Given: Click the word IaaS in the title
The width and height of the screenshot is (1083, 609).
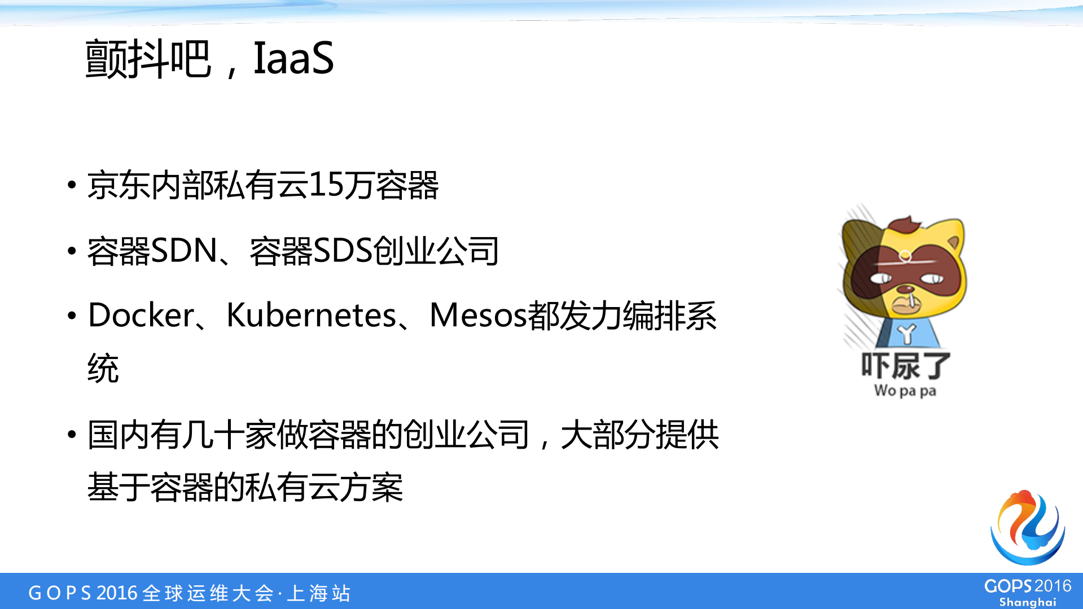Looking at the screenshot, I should [x=293, y=58].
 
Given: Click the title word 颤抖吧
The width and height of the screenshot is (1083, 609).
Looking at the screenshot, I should [x=148, y=58].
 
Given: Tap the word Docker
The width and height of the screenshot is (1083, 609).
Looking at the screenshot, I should [x=141, y=315].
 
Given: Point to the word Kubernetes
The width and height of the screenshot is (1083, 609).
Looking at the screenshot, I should [x=311, y=315].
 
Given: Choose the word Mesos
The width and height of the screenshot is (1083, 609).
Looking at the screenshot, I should [x=477, y=315].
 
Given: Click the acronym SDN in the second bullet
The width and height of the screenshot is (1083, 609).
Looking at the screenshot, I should [x=184, y=251].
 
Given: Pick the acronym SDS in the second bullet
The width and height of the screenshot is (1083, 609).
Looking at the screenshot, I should [x=342, y=251].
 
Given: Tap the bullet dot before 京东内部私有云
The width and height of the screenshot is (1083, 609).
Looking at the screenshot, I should [x=72, y=185].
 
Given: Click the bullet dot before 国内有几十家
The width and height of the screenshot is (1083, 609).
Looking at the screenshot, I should [x=72, y=435].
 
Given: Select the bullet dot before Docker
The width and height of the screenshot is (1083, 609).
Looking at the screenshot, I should [x=72, y=315].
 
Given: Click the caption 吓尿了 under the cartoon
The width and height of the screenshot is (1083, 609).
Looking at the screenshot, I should [x=905, y=366].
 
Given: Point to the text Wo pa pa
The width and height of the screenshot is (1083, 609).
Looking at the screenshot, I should [x=905, y=391].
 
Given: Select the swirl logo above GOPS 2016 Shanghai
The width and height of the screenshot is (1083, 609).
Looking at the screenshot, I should [x=1027, y=528].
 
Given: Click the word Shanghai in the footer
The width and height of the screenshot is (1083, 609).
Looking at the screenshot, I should [x=1027, y=602].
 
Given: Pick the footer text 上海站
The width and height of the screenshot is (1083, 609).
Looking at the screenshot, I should [x=319, y=593].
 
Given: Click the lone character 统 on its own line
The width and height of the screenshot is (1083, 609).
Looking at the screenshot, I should [x=103, y=369].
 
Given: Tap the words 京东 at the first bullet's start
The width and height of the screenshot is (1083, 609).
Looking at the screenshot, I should [x=119, y=185].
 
